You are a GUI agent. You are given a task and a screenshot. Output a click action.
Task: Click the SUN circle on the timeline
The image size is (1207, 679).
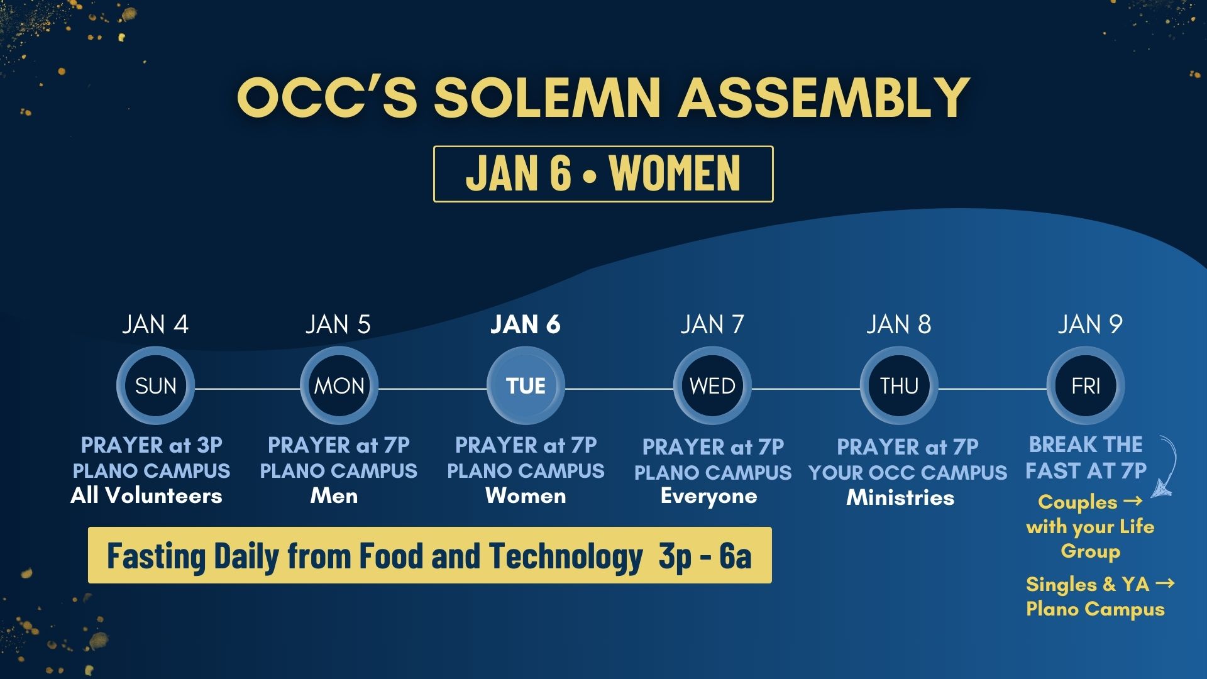[155, 385]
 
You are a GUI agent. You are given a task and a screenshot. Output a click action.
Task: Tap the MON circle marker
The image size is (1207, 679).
[339, 385]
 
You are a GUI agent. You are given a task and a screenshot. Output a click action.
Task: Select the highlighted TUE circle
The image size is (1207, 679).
[526, 385]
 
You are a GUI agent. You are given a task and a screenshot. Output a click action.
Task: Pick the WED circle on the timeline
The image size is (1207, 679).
[712, 385]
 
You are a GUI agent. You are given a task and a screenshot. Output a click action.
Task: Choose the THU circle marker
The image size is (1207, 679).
[899, 385]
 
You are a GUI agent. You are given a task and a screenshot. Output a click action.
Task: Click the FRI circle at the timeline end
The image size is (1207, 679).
[1086, 385]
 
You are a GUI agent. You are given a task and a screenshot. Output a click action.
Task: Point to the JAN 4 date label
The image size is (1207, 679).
[155, 324]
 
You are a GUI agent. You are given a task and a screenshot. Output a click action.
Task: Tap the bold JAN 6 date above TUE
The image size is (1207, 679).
[526, 324]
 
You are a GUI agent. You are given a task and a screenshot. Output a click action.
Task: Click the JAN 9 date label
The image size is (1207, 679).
[1090, 324]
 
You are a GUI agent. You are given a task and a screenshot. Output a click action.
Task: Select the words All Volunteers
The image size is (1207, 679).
[146, 496]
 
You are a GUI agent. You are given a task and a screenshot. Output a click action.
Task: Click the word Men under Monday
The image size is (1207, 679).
[334, 496]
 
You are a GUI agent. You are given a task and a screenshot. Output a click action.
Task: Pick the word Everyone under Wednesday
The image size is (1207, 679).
[709, 497]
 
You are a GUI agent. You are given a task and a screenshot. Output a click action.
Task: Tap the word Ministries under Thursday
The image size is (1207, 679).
[900, 498]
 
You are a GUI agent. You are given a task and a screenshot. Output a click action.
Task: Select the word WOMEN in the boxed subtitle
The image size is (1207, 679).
[675, 173]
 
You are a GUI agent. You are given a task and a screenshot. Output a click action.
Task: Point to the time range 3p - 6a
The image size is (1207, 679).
[705, 556]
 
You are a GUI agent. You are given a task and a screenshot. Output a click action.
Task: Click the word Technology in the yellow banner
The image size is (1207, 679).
[566, 556]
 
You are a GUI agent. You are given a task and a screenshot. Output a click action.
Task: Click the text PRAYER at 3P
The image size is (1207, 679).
[152, 445]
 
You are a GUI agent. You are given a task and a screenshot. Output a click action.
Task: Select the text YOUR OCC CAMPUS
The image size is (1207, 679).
[908, 473]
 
